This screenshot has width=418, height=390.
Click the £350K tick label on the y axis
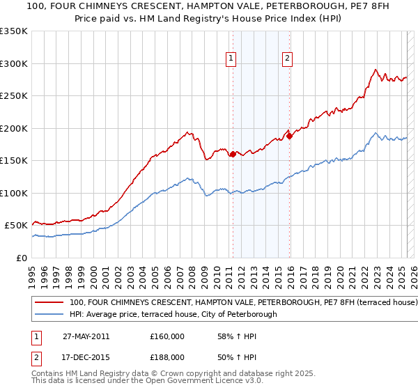(14, 31)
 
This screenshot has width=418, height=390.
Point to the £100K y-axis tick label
(14, 193)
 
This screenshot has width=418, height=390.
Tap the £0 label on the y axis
(22, 258)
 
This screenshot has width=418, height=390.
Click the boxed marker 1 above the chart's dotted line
(231, 59)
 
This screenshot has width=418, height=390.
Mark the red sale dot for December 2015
(289, 136)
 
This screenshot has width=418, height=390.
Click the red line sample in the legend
(50, 303)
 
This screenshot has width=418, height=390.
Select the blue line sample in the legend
(50, 314)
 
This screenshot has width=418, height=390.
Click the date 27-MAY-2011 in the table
(86, 336)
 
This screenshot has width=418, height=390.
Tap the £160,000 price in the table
(167, 336)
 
